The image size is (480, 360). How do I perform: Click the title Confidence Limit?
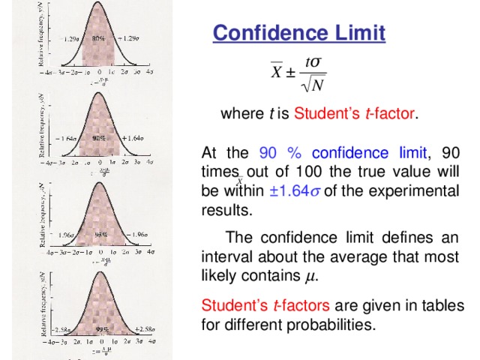[299, 34]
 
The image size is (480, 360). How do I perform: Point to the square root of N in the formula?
[313, 86]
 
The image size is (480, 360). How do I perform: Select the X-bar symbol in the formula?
[277, 75]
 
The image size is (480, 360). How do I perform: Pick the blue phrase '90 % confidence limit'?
[343, 154]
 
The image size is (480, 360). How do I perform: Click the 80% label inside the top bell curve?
[98, 37]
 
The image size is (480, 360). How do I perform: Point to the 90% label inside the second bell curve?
[99, 138]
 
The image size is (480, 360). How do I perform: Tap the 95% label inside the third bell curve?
[99, 234]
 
